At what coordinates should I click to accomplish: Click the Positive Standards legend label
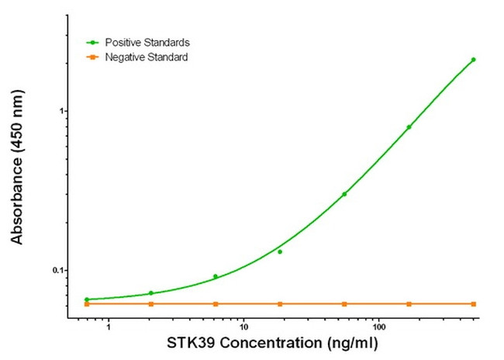point(147,42)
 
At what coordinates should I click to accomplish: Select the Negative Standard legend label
point(147,57)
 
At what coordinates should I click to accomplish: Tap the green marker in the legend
point(94,42)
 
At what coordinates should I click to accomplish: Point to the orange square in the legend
point(94,57)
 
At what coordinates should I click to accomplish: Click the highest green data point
point(473,60)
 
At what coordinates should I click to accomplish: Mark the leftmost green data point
point(87,299)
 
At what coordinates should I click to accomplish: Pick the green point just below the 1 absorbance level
point(409,127)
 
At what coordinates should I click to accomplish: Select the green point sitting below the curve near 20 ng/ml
point(280,251)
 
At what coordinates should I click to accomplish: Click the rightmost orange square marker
point(473,303)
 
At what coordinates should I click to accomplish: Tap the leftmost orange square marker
point(87,303)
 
